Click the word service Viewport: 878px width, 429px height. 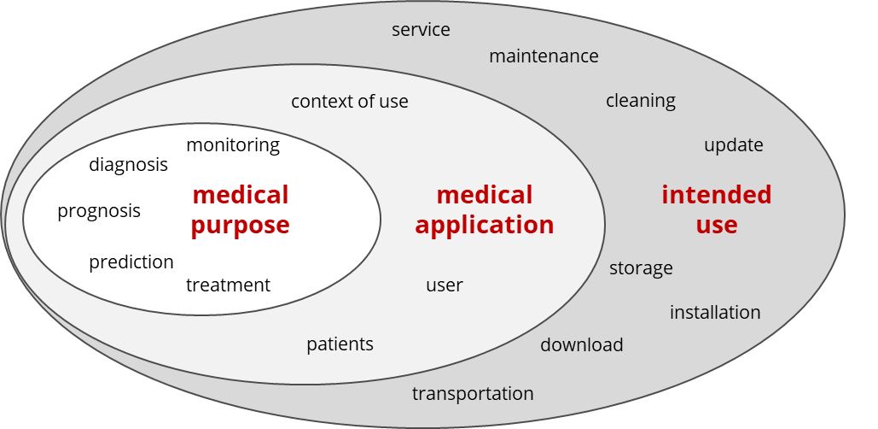(x=421, y=30)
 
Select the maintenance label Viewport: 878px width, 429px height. (x=544, y=56)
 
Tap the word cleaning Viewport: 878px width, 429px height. (x=640, y=101)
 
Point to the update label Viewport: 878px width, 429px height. (x=733, y=145)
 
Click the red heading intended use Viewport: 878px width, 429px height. (x=716, y=209)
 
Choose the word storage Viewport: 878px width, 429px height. (x=641, y=268)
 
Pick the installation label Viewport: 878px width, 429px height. (x=714, y=313)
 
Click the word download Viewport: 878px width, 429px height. (x=581, y=345)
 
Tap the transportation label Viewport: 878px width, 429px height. (x=473, y=394)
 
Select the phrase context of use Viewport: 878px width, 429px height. (x=349, y=102)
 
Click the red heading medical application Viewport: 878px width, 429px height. (x=484, y=209)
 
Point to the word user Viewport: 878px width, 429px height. (x=444, y=285)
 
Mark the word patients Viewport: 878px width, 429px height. (x=340, y=344)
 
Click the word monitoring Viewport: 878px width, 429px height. (x=232, y=145)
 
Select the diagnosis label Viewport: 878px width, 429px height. (x=128, y=164)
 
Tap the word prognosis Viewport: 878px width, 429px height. (x=99, y=211)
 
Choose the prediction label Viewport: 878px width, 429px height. (x=131, y=262)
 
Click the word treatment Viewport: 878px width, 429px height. (x=228, y=285)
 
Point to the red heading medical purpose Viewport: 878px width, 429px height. (x=240, y=209)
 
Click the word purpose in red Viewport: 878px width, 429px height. (x=240, y=226)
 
